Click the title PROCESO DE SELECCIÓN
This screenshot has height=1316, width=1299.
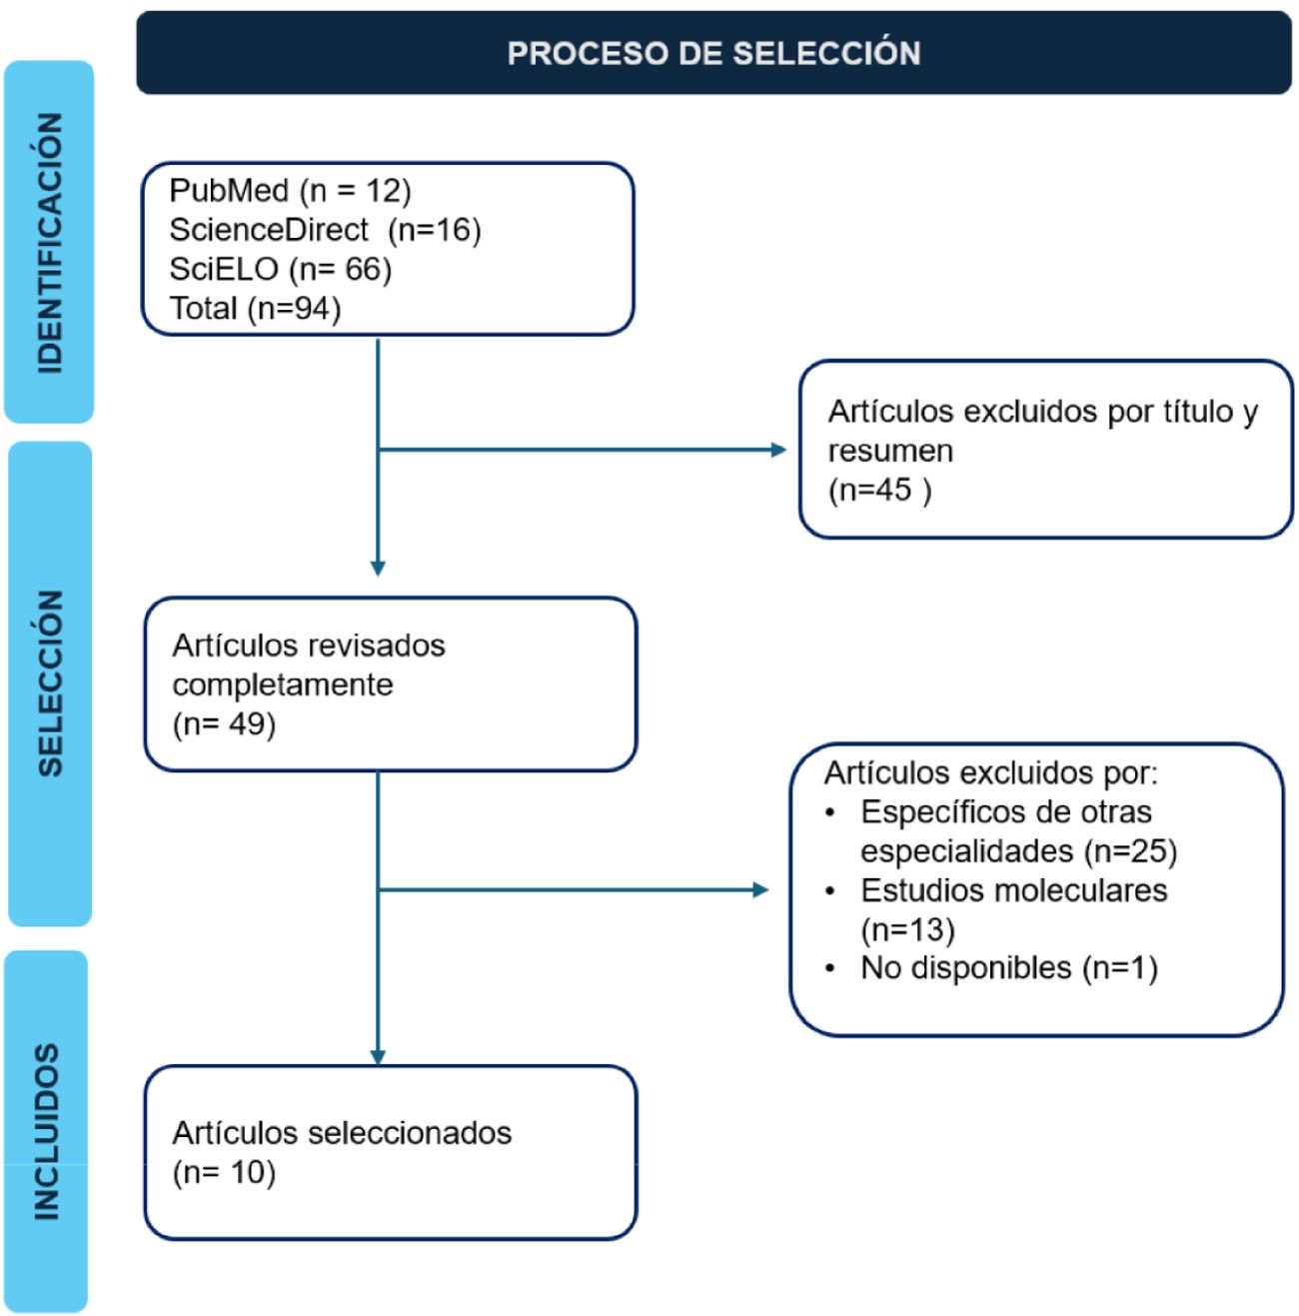click(x=713, y=53)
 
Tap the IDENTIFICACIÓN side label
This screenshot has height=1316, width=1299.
click(x=49, y=243)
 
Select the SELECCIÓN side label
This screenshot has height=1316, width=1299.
click(x=49, y=682)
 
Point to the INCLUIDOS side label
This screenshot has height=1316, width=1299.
click(x=47, y=1132)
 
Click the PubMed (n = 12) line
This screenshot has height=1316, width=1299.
click(x=290, y=190)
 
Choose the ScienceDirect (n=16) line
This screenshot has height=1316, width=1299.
click(x=325, y=230)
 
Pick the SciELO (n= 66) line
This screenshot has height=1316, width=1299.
click(x=280, y=269)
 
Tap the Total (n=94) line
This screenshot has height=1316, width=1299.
click(x=255, y=308)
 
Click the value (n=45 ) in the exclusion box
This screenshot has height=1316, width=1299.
click(x=879, y=490)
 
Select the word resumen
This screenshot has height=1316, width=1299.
click(x=890, y=451)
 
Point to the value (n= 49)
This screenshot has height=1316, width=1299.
click(x=224, y=723)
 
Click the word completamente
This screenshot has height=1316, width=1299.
click(x=283, y=684)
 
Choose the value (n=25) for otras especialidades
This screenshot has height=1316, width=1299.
click(x=1130, y=851)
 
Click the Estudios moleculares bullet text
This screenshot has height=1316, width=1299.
click(x=1013, y=890)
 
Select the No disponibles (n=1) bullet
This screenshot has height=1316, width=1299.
click(x=1008, y=967)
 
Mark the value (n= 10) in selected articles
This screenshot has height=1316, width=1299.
click(x=224, y=1171)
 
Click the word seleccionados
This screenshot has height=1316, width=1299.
click(x=410, y=1132)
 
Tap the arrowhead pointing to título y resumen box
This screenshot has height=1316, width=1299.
click(x=779, y=450)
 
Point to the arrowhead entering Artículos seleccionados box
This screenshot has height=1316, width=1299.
click(x=378, y=1057)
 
